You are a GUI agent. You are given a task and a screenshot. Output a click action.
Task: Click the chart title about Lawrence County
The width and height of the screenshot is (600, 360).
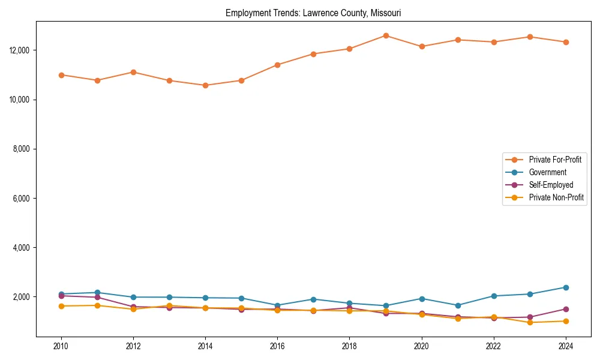click(313, 13)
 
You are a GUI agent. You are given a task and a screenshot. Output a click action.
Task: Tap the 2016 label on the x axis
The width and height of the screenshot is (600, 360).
click(277, 346)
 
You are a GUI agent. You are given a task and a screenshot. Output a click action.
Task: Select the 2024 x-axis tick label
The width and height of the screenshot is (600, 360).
click(565, 346)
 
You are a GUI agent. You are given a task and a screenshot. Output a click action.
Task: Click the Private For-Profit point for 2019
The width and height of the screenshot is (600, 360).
click(386, 35)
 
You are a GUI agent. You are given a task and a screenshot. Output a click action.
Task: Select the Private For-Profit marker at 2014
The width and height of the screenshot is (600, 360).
click(205, 85)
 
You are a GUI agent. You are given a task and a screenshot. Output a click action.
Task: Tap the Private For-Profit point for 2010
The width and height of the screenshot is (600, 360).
click(61, 75)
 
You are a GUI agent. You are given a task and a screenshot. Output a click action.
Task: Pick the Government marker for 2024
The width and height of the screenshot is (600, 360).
click(565, 287)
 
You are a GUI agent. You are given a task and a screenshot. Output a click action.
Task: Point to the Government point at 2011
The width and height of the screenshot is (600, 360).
click(97, 293)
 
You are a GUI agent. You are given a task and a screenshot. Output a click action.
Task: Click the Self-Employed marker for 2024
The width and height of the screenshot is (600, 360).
click(565, 309)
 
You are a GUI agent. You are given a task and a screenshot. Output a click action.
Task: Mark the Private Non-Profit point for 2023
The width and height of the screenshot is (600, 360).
click(530, 322)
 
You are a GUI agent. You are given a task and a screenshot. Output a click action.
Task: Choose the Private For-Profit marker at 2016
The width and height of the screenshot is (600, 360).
click(277, 65)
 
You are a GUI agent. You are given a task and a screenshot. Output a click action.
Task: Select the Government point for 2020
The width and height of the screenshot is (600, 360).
click(422, 299)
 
